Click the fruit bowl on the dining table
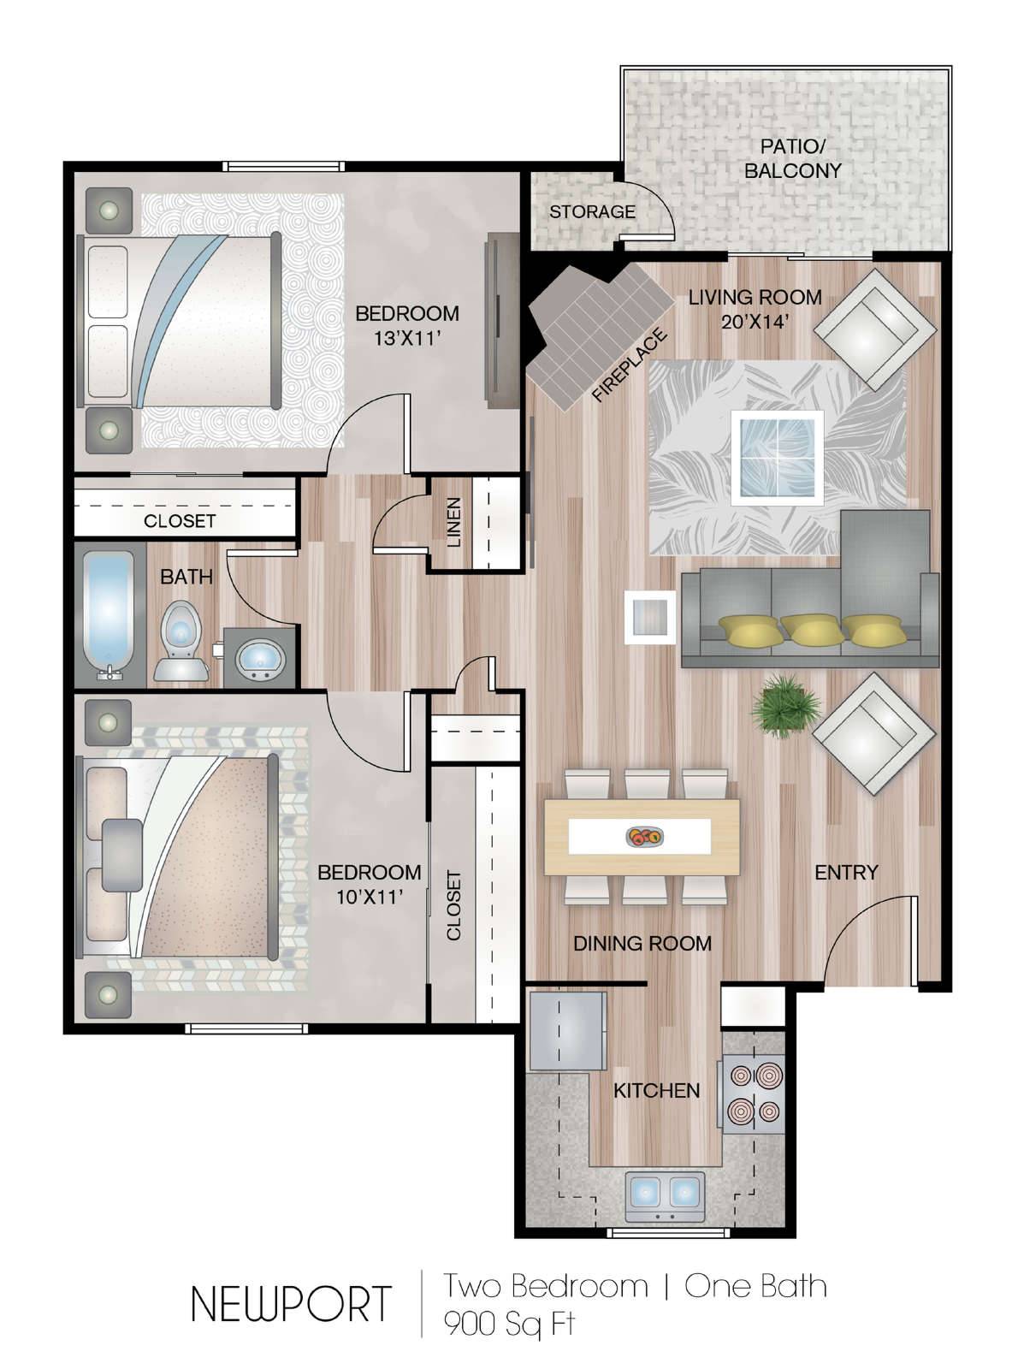[x=645, y=838]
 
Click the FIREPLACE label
[x=630, y=366]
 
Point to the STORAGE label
[x=592, y=212]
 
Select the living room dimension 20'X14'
[x=755, y=322]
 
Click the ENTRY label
[x=846, y=872]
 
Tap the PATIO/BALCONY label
[x=793, y=158]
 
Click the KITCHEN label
[x=656, y=1091]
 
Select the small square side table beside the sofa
[x=650, y=617]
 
